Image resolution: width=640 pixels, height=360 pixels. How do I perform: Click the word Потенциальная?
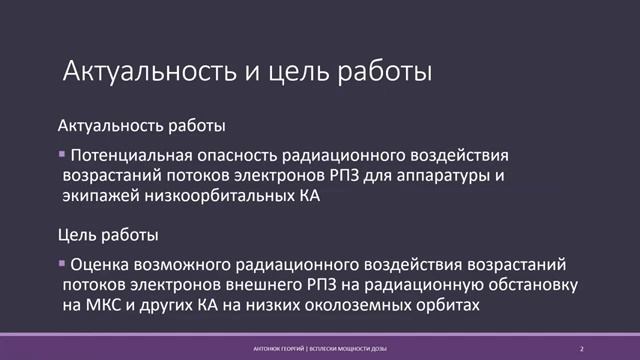121,157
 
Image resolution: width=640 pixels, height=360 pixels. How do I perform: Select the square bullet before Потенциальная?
62,155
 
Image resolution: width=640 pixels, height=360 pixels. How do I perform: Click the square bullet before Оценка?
62,263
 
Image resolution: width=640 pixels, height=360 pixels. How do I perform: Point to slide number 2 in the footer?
581,348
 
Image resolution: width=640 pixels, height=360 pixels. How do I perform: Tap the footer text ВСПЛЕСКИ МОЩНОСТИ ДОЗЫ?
342,348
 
